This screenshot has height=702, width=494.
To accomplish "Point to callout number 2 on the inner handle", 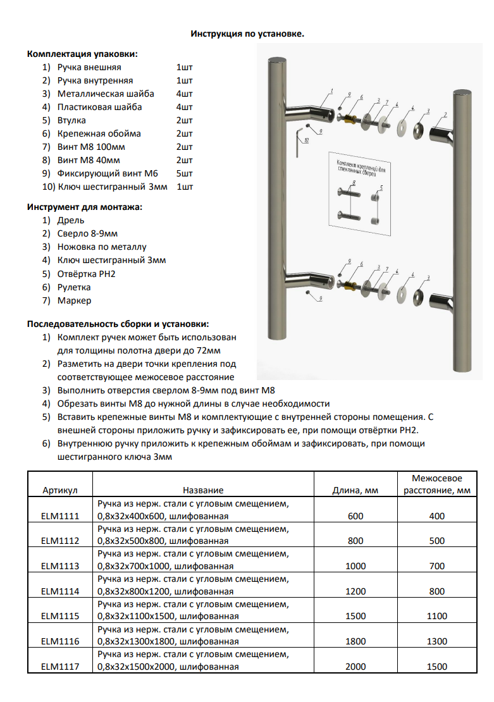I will [445, 114].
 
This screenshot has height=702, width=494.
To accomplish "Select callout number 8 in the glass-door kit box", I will [354, 182].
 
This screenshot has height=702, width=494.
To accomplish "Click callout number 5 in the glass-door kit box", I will [381, 188].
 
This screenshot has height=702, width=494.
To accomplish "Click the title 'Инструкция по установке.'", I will [247, 34].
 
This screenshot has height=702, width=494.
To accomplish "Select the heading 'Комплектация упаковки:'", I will [82, 54].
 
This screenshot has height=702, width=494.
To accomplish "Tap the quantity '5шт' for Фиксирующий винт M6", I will [185, 173].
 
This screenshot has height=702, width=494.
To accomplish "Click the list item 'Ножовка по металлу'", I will [102, 247].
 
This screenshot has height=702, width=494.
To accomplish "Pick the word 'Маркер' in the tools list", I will [74, 300].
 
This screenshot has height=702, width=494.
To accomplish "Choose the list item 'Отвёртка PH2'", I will [87, 274].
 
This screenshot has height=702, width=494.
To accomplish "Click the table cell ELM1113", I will [60, 566].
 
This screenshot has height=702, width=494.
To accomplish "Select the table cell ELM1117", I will [60, 667].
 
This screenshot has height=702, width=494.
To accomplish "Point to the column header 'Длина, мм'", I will [355, 490].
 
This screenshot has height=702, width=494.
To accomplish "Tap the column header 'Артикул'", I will [60, 490].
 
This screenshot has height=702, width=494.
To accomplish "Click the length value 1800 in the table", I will [355, 641].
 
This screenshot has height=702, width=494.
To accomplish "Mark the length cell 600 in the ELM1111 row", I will [355, 516].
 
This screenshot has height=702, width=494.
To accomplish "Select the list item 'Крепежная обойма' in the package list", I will [99, 133].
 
